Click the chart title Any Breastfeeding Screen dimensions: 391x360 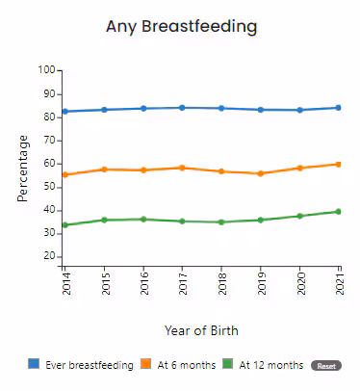pyautogui.click(x=182, y=27)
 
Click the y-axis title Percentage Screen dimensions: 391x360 pyautogui.click(x=23, y=168)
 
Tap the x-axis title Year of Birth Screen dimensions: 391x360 pyautogui.click(x=200, y=330)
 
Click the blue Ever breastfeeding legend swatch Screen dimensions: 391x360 pyautogui.click(x=34, y=365)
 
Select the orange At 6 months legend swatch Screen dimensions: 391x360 pyautogui.click(x=146, y=365)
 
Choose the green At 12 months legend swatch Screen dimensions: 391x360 pyautogui.click(x=228, y=365)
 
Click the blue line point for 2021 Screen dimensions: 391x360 pyautogui.click(x=338, y=108)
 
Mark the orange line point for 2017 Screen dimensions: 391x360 pyautogui.click(x=183, y=168)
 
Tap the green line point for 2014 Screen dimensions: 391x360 pyautogui.click(x=65, y=225)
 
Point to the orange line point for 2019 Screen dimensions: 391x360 pyautogui.click(x=260, y=173)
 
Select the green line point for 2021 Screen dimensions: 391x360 pyautogui.click(x=338, y=212)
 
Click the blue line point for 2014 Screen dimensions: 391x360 pyautogui.click(x=65, y=112)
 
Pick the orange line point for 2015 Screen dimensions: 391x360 pyautogui.click(x=104, y=169)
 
